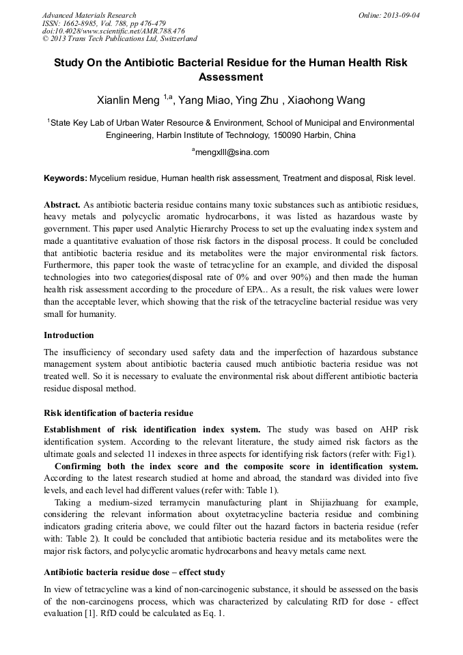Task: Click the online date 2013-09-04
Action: coord(401,15)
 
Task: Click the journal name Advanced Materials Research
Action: coord(89,15)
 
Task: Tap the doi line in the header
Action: coord(113,31)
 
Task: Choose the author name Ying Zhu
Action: coord(256,101)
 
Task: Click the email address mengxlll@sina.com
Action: coord(232,152)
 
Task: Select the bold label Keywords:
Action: coord(66,178)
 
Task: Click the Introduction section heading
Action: coord(69,335)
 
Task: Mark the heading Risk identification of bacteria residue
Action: coord(118,413)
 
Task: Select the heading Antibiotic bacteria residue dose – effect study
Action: coord(135,572)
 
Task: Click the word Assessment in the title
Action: coord(231,77)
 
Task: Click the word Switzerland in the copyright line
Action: coord(175,39)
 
